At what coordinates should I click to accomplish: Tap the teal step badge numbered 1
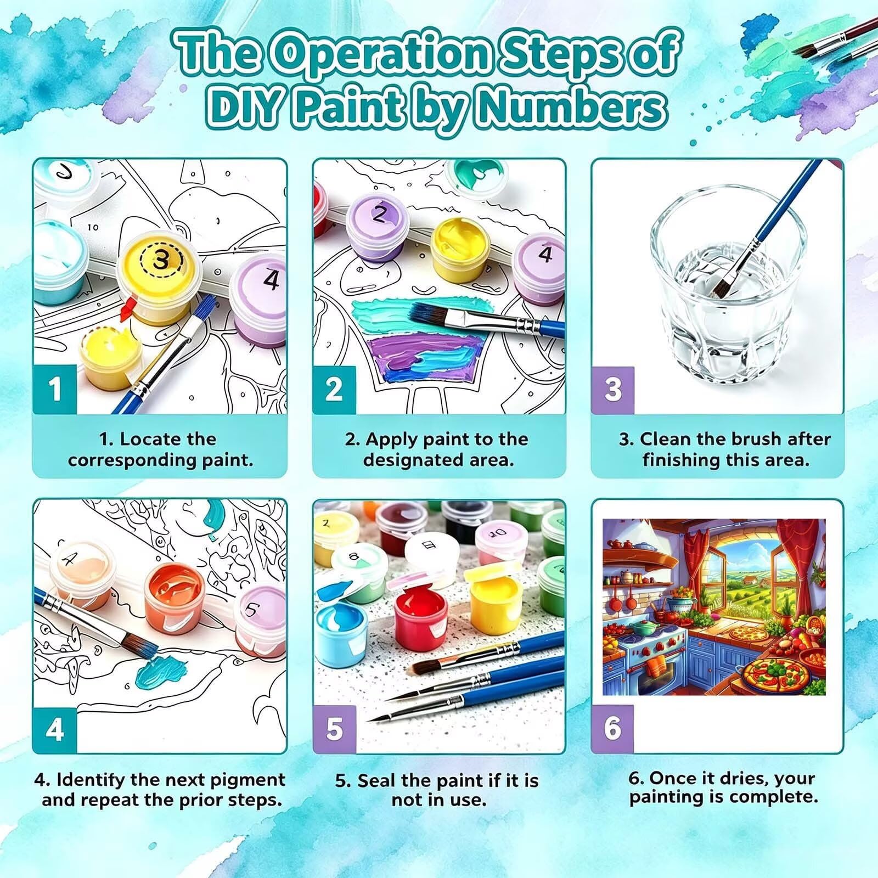pos(54,390)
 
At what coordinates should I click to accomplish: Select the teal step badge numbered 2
pos(334,390)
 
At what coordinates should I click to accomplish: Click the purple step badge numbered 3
pos(612,390)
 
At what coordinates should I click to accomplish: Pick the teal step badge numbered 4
pos(54,729)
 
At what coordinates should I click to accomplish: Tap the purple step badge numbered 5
pos(334,729)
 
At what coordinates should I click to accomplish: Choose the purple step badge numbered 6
pos(612,729)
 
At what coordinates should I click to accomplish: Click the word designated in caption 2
pos(418,460)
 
